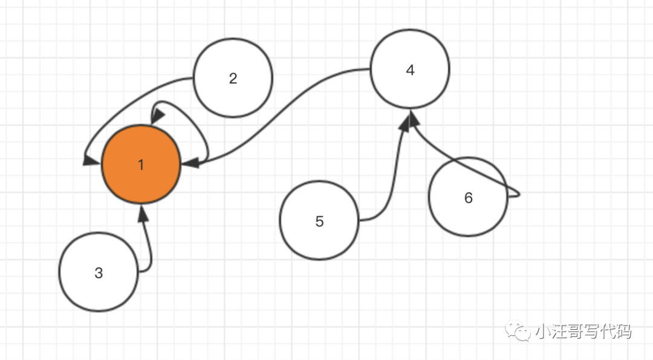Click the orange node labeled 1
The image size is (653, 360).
(141, 165)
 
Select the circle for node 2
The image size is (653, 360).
(233, 78)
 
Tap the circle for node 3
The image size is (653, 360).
(99, 272)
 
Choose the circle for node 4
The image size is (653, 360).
(410, 70)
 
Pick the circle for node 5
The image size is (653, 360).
(319, 221)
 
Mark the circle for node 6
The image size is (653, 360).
(468, 197)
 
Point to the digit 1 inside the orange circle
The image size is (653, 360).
(141, 165)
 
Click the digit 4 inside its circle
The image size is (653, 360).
(410, 70)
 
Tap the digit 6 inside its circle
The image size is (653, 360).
(468, 197)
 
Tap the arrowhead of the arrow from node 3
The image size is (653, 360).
(143, 214)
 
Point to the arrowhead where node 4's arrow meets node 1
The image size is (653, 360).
(189, 163)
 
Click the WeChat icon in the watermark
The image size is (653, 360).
(519, 331)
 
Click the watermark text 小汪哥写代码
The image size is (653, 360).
(583, 332)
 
